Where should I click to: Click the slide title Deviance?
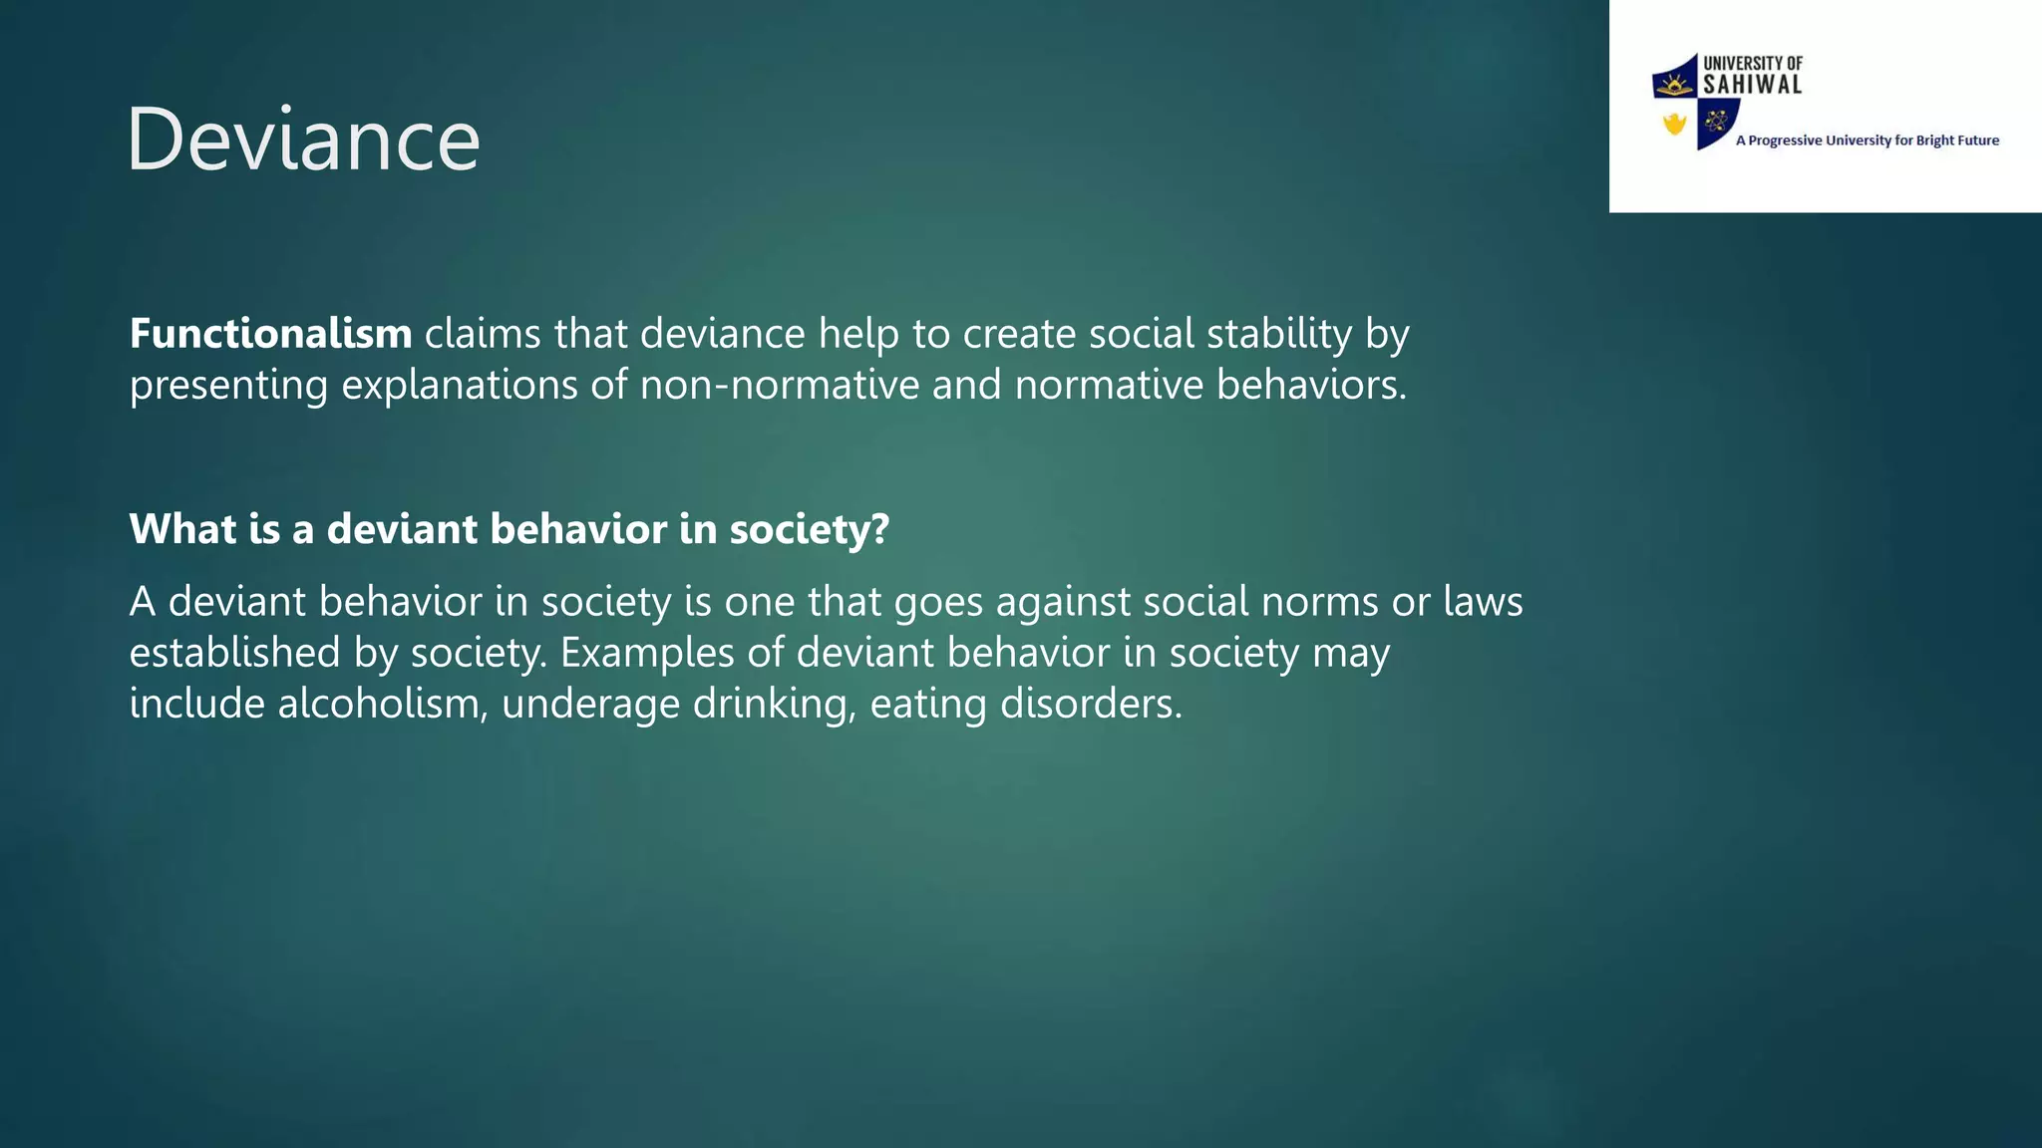click(x=303, y=140)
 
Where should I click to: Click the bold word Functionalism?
click(x=270, y=334)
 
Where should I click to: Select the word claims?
click(x=484, y=334)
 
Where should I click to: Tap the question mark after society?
click(x=879, y=529)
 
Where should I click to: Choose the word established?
click(x=235, y=653)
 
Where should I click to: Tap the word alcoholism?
click(x=383, y=705)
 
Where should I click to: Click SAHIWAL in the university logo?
click(x=1752, y=86)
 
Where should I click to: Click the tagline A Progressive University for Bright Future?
click(x=1867, y=141)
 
